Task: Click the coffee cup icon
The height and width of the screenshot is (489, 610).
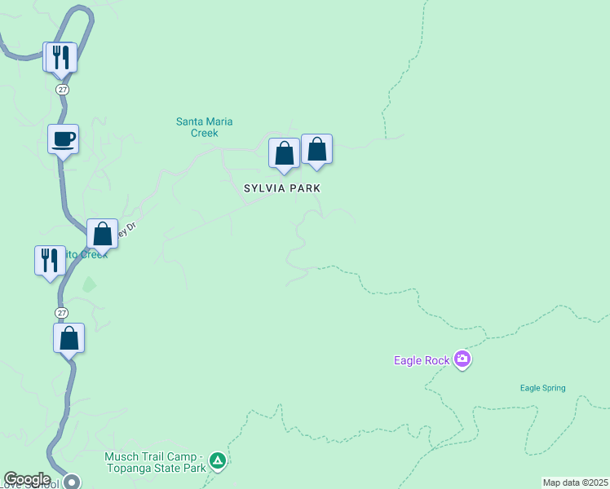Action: (63, 139)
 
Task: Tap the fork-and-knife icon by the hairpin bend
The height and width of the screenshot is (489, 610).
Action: (61, 57)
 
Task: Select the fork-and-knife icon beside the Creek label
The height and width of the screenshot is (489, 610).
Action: (50, 261)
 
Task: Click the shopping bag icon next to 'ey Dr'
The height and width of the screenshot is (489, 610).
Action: (103, 234)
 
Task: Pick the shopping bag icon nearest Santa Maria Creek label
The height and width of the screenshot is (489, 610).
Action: (284, 153)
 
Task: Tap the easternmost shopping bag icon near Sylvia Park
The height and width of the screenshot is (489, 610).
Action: (317, 149)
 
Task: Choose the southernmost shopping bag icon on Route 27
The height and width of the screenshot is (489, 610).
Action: (69, 338)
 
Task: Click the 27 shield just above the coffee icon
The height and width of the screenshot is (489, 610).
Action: (62, 89)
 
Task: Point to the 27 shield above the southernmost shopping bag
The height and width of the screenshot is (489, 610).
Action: (62, 313)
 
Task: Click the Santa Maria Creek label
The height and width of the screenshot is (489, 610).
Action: (205, 127)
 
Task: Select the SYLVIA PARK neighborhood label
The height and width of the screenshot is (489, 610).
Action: (282, 188)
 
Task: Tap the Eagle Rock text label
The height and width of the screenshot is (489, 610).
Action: (422, 359)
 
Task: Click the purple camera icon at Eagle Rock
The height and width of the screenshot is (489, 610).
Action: (462, 359)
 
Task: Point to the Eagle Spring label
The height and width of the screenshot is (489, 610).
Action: (542, 388)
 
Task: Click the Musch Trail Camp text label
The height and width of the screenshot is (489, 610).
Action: (155, 462)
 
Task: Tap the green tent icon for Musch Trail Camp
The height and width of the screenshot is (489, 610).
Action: (217, 461)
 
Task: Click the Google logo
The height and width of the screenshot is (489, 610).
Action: (27, 479)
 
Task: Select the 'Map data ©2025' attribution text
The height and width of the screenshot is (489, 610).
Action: (575, 482)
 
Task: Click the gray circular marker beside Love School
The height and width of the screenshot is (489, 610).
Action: (72, 482)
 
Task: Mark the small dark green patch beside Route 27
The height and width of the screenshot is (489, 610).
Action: (88, 285)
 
